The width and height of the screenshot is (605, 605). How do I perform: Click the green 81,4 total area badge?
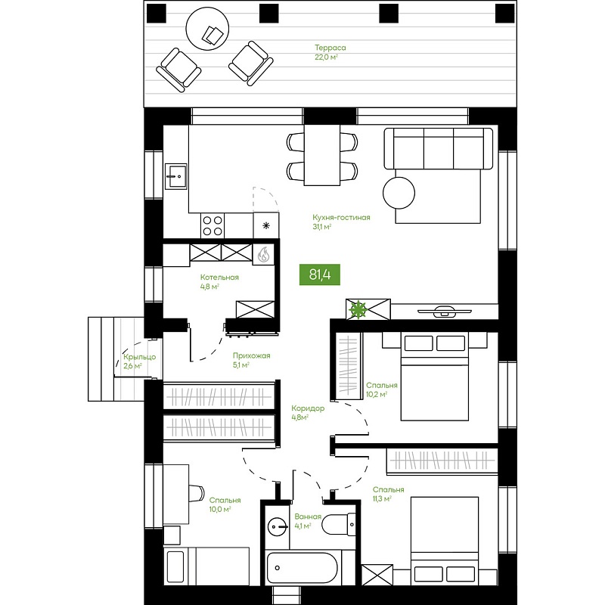coord(320,275)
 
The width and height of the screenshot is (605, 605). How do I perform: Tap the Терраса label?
coord(330,48)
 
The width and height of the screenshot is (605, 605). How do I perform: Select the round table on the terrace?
coord(207,28)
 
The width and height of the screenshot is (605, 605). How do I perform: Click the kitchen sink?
coord(176,176)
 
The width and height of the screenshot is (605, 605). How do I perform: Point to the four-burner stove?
coord(213,226)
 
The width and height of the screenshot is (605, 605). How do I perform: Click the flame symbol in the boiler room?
coord(263,255)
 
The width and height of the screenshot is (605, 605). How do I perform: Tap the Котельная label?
coord(219,278)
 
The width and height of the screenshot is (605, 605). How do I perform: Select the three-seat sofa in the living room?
coord(439,148)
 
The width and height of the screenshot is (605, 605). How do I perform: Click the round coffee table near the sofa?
coord(399,193)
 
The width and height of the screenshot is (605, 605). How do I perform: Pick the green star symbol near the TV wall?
coord(358,309)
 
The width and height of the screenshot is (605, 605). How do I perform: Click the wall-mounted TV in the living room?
coord(445,311)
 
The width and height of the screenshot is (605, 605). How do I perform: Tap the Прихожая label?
coord(252,355)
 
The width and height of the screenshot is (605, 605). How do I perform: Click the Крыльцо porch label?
coord(140,357)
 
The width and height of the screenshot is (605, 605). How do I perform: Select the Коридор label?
coord(308,408)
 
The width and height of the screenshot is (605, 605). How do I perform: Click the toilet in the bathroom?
coord(338,524)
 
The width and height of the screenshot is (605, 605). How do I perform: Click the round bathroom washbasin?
coord(278,526)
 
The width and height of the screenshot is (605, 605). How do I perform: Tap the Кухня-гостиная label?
coord(342,218)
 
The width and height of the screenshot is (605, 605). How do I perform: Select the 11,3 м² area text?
coord(382,499)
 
